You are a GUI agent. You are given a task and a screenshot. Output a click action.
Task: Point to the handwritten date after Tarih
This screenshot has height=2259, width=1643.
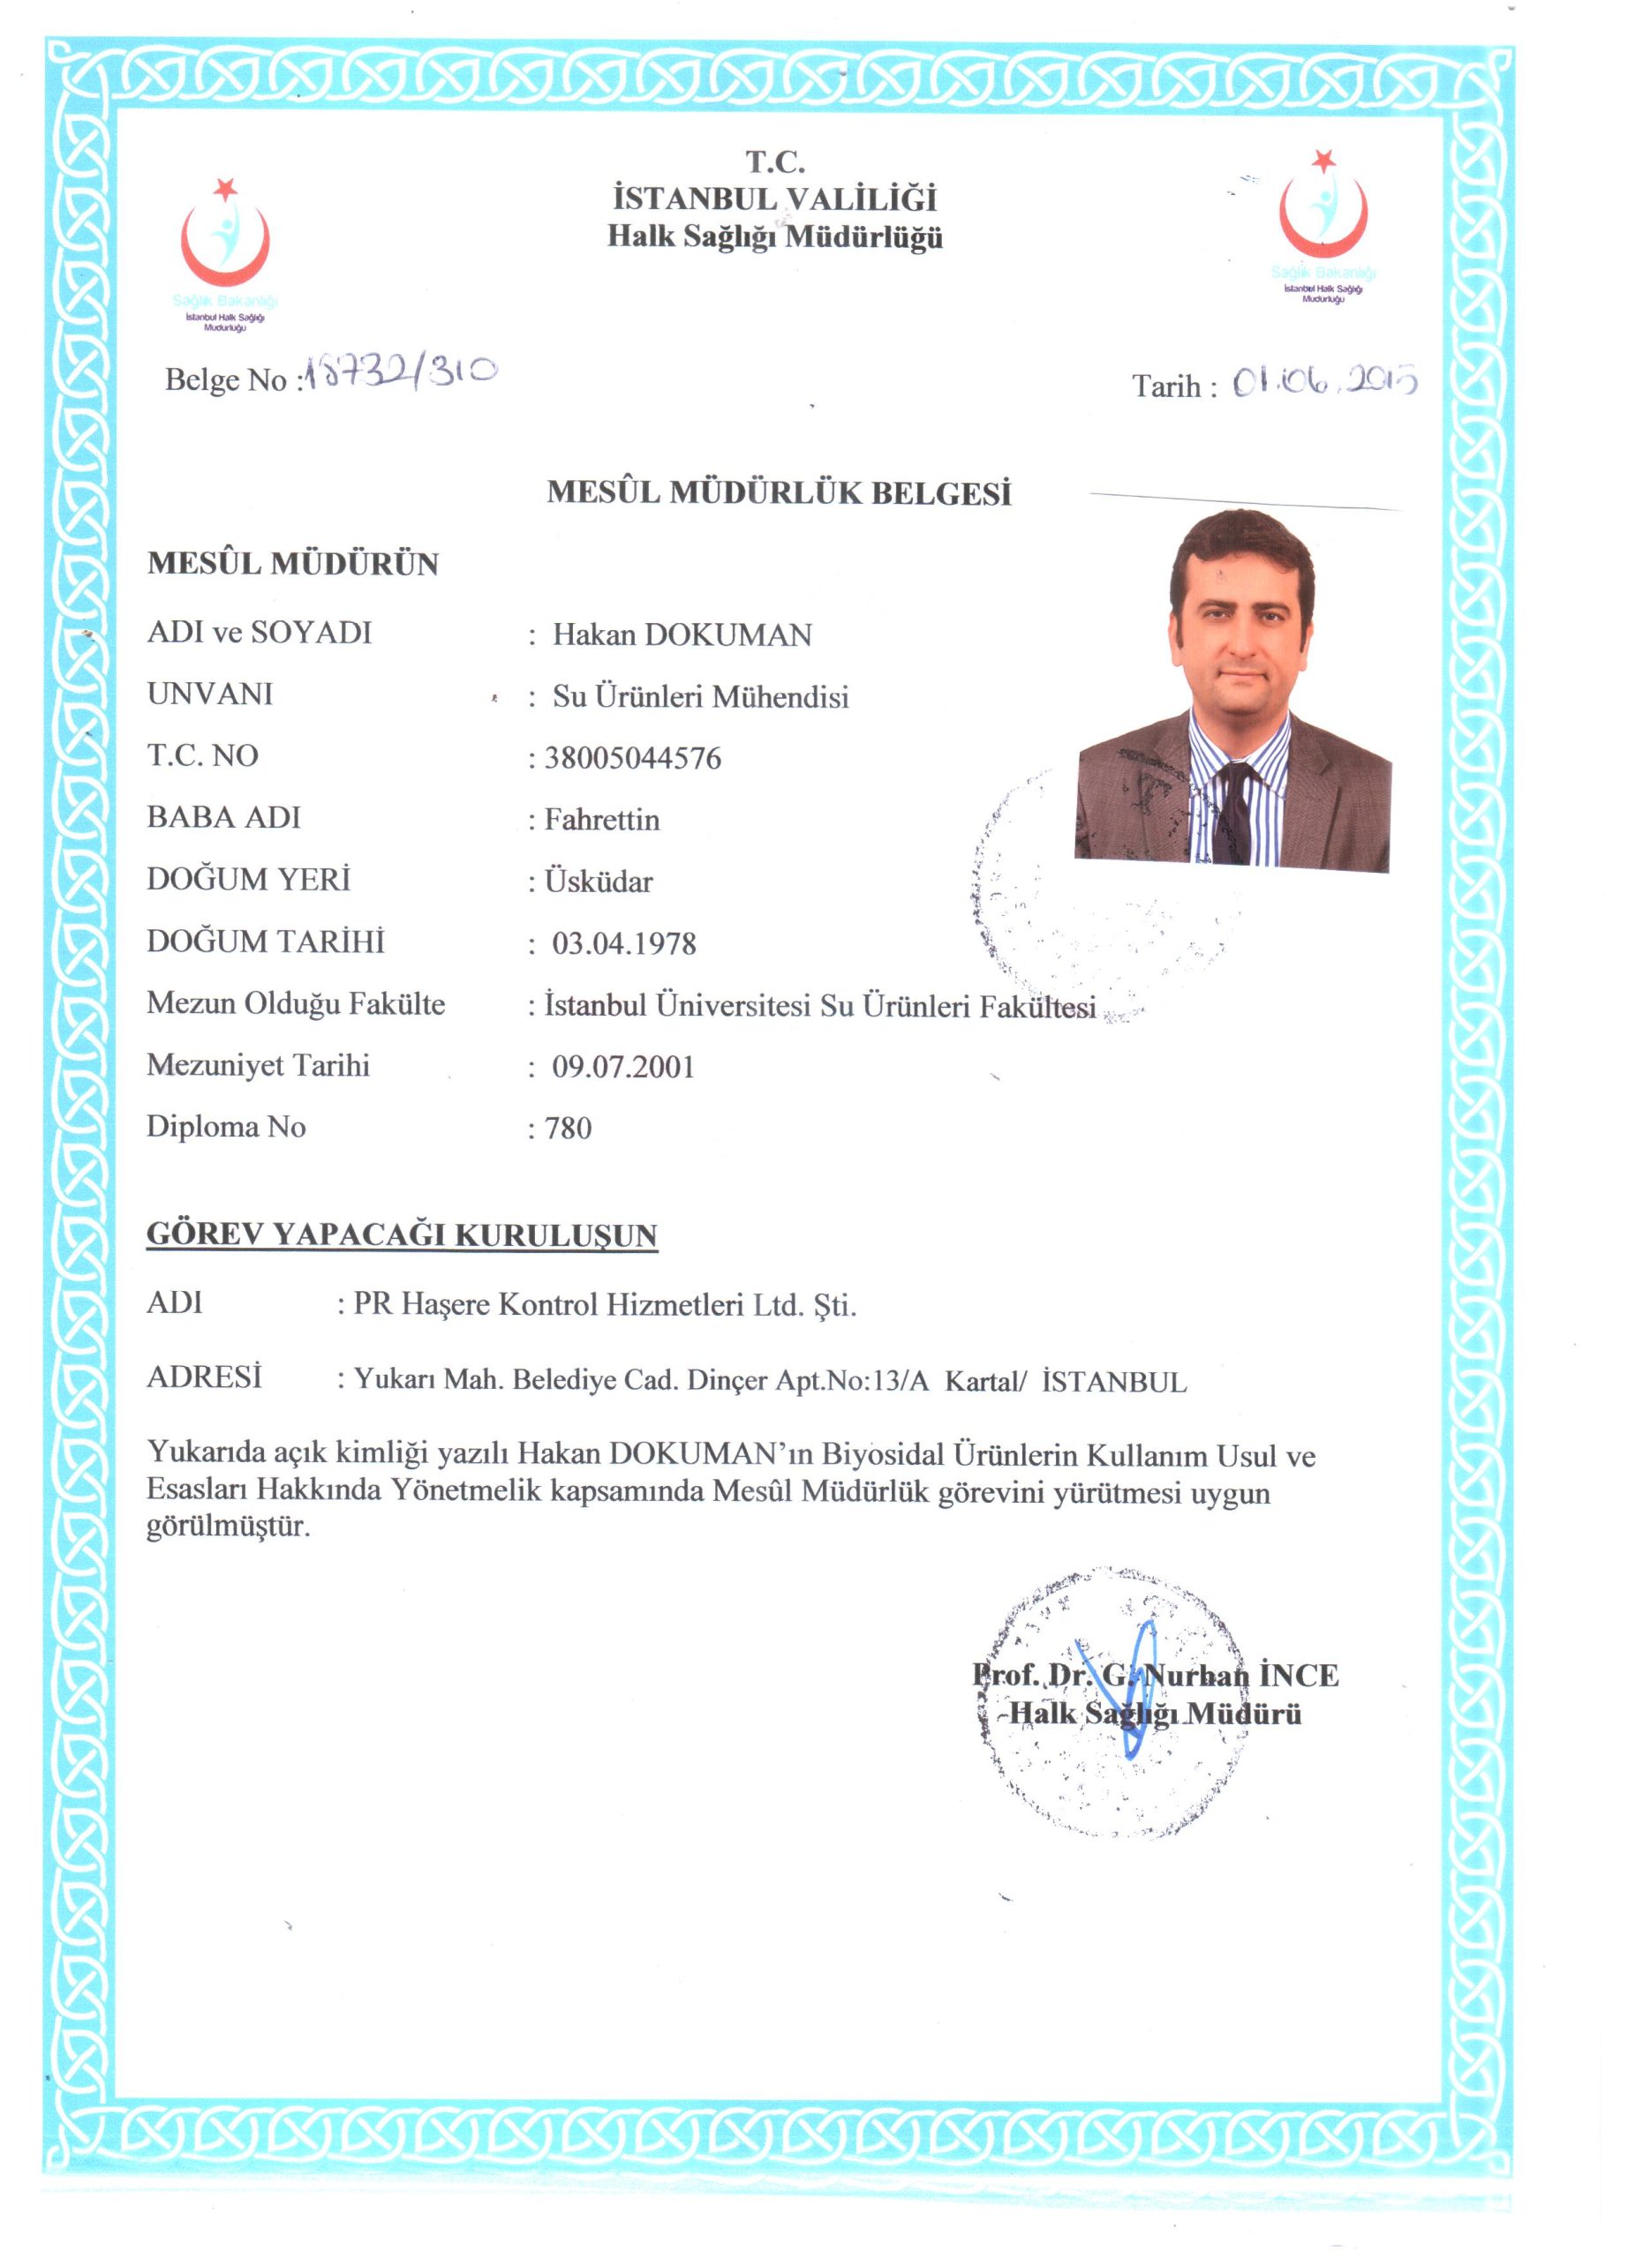click(x=1324, y=381)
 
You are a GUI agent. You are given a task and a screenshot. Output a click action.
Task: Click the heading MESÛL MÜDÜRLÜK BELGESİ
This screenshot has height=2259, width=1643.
click(x=780, y=492)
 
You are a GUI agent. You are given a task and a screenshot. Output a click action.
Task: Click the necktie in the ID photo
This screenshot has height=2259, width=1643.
click(x=1234, y=813)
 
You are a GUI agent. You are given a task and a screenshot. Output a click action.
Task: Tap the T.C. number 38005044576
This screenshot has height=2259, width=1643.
click(x=632, y=758)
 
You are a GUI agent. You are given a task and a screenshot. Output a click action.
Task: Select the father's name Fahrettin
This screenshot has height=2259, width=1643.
click(x=601, y=820)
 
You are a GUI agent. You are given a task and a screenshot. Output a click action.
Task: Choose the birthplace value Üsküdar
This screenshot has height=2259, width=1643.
click(x=598, y=882)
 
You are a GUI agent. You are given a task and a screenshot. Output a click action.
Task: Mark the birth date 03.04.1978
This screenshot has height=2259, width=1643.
click(x=623, y=943)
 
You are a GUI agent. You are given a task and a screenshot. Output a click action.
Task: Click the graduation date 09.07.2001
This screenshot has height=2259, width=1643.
click(x=622, y=1067)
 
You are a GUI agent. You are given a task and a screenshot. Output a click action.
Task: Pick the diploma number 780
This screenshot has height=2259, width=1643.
click(x=568, y=1129)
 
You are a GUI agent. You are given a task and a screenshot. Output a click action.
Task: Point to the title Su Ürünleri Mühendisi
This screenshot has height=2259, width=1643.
click(x=700, y=696)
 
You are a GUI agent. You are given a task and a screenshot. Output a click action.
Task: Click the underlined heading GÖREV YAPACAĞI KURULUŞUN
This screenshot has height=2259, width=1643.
click(x=402, y=1235)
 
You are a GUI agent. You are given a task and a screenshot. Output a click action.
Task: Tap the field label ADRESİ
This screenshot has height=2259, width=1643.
click(x=204, y=1377)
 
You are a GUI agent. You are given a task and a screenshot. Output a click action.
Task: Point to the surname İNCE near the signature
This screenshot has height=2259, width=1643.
click(x=1299, y=1676)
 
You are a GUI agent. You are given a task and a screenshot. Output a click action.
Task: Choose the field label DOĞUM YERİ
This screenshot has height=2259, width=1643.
click(x=248, y=880)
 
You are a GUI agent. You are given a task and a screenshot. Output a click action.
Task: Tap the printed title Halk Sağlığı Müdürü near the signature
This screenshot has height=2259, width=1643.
click(x=1155, y=1715)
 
